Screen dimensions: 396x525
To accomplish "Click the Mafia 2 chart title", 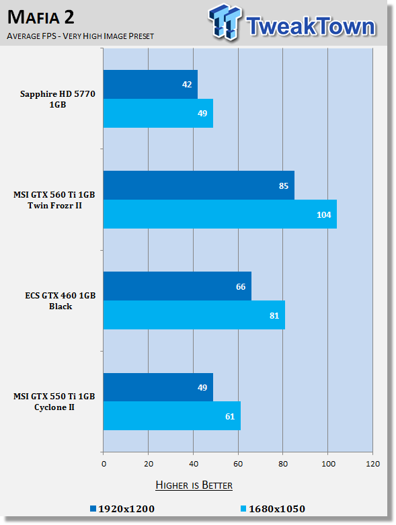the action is (41, 17).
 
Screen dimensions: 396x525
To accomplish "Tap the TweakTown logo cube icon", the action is (225, 22).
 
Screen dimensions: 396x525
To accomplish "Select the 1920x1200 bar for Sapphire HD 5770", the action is (151, 85).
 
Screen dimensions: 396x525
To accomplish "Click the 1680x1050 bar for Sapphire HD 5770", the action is (158, 113).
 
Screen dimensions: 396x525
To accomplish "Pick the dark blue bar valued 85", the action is (199, 185).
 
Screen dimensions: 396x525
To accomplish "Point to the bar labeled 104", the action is (220, 214).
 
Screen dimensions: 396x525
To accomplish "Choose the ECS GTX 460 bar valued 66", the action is (177, 286).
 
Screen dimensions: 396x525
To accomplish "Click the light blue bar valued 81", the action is (194, 315).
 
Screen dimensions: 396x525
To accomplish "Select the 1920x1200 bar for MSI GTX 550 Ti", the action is (158, 387).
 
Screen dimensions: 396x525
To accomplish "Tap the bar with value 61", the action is (171, 416).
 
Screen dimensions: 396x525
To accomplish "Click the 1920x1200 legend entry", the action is (122, 509).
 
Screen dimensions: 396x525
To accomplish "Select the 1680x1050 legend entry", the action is (273, 509).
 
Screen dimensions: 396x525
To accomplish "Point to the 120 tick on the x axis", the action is (373, 464).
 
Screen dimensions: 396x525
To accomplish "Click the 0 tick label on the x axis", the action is (104, 464).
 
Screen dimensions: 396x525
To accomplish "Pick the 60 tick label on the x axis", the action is (238, 464).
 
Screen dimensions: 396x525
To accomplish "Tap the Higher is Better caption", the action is (194, 485).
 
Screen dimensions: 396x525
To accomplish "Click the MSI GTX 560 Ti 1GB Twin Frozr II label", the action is (54, 200).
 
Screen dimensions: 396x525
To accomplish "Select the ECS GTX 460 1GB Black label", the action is (61, 300).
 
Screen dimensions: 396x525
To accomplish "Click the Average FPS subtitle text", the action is (80, 36).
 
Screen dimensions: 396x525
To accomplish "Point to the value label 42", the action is (187, 85).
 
